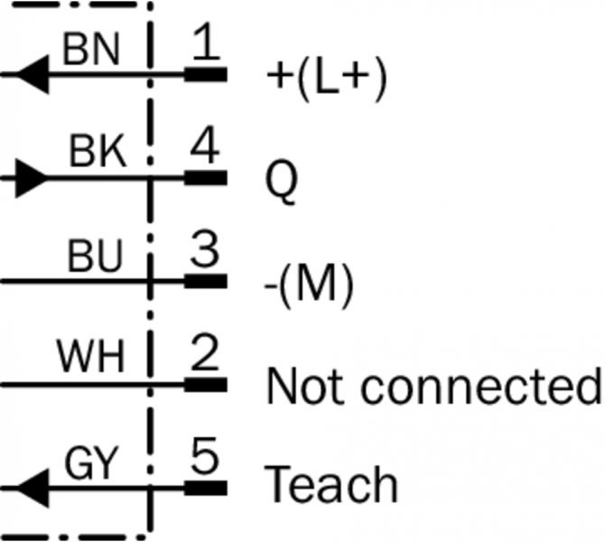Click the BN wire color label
(x=90, y=51)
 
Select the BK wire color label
(x=97, y=154)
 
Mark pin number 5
(x=207, y=459)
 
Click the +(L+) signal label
(x=326, y=79)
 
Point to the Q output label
(x=282, y=182)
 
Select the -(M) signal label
(x=310, y=285)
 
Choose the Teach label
(x=331, y=485)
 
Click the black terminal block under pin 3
(x=206, y=282)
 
